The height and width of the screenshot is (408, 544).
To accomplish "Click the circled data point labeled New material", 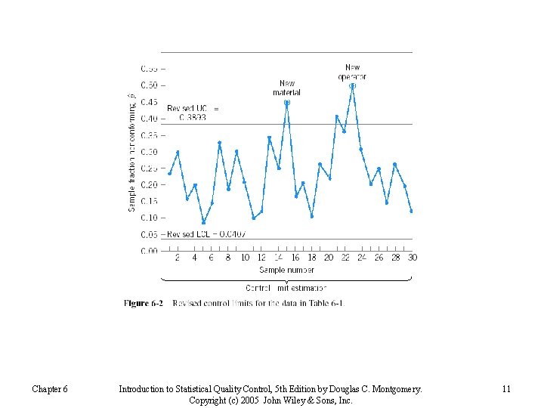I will click(287, 102).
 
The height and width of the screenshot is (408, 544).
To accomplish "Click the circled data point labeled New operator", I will click(352, 86).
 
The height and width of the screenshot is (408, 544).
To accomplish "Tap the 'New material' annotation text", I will click(287, 88).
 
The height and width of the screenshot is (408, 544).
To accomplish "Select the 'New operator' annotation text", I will click(352, 72).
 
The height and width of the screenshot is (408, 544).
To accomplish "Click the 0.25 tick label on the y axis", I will click(150, 168).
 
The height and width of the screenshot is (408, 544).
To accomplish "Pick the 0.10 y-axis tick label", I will click(150, 218).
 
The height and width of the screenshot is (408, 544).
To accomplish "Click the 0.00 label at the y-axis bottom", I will click(150, 250).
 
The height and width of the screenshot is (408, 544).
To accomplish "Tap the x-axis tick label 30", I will click(413, 258).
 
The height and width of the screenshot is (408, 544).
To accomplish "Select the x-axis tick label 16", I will click(295, 258).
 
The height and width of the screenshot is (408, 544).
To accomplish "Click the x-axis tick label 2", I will click(178, 258).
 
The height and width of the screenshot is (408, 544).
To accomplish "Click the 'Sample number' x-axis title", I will click(286, 270).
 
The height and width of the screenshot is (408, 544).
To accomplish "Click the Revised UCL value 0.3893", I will click(193, 118).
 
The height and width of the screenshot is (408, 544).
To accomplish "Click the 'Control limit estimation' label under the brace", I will click(286, 288).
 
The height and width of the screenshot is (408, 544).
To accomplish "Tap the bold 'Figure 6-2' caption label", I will click(144, 304).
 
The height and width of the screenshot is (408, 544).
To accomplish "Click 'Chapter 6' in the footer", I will click(50, 389).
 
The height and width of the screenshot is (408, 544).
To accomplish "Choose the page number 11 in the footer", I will click(506, 389).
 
